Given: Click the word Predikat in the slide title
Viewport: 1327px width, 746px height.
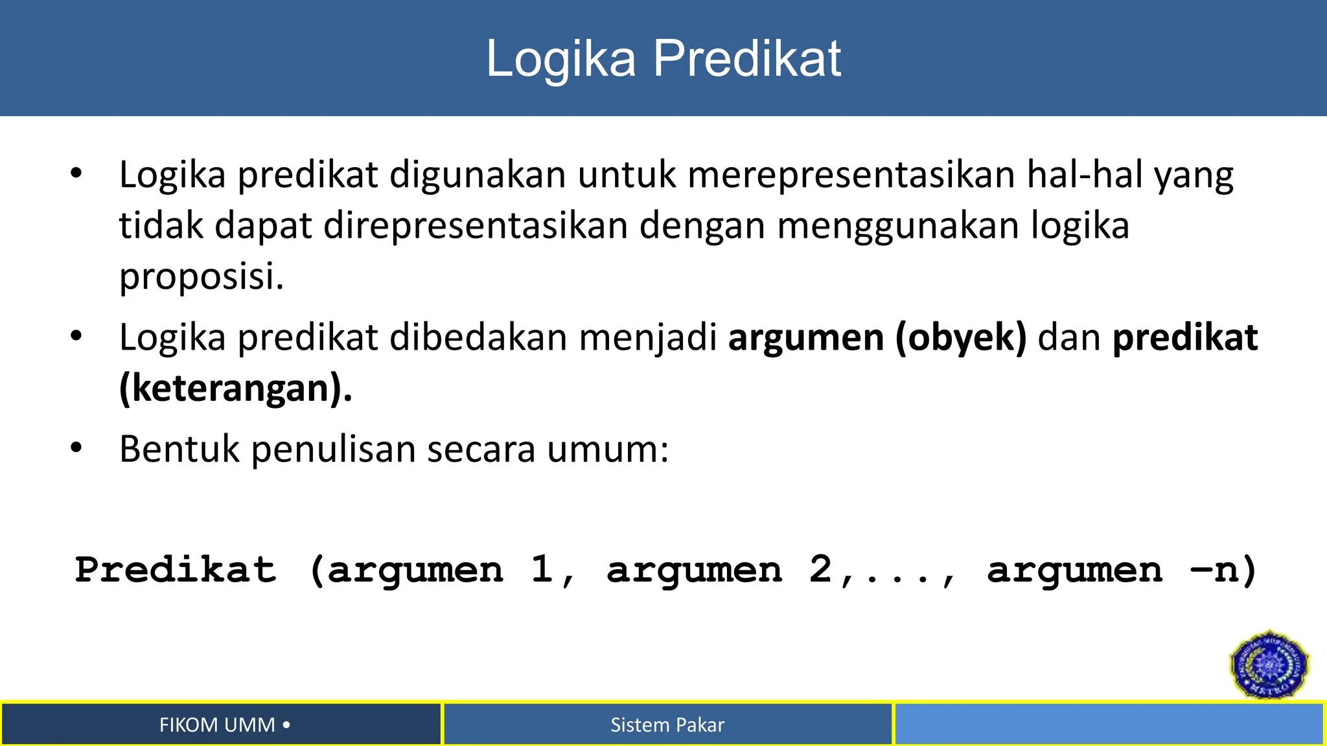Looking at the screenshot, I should [746, 58].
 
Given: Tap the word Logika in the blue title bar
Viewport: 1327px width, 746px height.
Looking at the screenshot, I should [561, 60].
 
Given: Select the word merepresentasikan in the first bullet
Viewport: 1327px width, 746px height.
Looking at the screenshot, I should [851, 175].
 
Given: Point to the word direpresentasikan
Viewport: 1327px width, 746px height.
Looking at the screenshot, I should [476, 225].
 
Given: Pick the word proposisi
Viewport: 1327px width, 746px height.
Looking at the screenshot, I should [202, 277].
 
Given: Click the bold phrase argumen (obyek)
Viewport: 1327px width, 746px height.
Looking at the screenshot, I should [877, 337].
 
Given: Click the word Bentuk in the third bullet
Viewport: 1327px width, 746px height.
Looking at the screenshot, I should [179, 449].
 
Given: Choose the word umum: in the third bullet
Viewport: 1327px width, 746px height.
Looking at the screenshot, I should [608, 449].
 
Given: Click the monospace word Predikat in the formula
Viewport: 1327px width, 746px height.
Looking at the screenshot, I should [176, 570].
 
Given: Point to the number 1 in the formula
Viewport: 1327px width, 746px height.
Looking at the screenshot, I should [541, 570].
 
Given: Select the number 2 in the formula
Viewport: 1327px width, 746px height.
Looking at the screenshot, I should [820, 570].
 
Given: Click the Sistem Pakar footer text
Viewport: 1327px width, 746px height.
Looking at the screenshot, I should [667, 725].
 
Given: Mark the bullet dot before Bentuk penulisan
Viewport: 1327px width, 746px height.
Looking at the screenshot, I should [76, 448].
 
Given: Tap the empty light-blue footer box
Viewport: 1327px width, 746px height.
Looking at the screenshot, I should [1108, 724].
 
